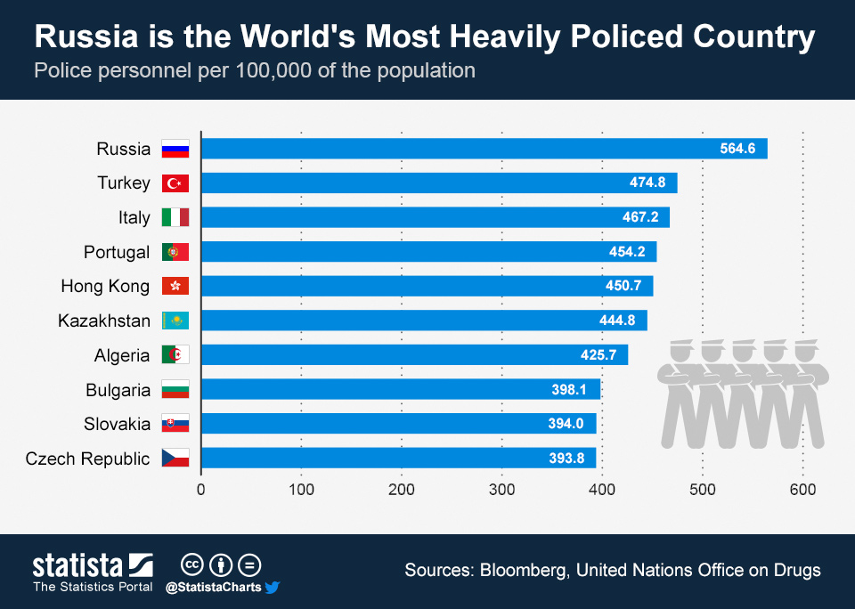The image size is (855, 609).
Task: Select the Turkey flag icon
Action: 175,183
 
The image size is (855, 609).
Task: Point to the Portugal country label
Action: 117,252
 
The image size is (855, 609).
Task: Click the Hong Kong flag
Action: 175,287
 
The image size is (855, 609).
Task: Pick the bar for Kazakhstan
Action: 424,321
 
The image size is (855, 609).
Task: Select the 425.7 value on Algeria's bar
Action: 598,355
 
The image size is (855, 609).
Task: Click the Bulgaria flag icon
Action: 175,390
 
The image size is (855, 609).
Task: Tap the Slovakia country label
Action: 118,424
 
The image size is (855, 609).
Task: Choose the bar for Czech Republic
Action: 398,459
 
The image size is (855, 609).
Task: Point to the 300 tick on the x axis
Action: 502,489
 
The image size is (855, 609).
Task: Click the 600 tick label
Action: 803,489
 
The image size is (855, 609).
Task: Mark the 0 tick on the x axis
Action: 201,489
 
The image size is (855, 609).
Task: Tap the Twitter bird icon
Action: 273,588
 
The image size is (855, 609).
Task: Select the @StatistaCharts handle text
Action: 213,588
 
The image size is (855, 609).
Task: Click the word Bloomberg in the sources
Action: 522,570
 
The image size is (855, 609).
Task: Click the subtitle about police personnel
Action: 255,70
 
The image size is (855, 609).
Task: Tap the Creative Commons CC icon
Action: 193,564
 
